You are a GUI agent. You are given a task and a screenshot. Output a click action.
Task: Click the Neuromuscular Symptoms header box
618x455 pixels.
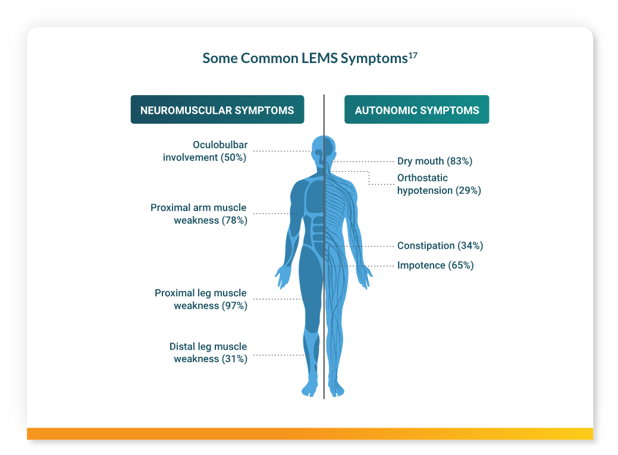coord(217,110)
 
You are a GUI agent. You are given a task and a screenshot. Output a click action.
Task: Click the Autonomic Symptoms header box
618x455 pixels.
coord(416,110)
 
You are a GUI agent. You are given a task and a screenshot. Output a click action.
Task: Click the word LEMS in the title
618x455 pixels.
coord(318,58)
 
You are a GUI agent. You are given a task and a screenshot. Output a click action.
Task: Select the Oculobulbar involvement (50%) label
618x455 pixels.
coord(205,151)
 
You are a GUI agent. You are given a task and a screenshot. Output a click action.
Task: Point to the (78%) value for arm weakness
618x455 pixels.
coord(234,221)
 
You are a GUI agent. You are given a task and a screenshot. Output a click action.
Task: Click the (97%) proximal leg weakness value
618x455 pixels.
coord(234,306)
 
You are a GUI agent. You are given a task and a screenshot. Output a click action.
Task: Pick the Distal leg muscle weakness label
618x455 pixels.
coord(208,353)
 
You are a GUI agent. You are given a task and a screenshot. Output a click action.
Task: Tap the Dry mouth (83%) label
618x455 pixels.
coord(435,161)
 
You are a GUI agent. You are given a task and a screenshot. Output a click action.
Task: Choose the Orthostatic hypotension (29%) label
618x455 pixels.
coord(439,184)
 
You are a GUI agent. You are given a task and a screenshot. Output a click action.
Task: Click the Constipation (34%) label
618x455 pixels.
coord(440,246)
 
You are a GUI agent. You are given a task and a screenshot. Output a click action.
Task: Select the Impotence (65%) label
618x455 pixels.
coord(435,265)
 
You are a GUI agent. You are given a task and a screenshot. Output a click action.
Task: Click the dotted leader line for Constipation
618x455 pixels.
coord(363,246)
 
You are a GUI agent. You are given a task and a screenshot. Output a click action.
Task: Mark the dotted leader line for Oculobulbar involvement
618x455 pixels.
coord(280,152)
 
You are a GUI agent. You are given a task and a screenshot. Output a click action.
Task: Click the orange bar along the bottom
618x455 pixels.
coord(309,434)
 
